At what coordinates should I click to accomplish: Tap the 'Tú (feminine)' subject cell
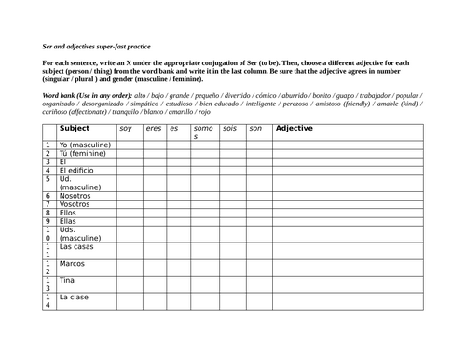[x=82, y=154]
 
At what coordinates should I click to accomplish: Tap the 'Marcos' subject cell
[x=72, y=264]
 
